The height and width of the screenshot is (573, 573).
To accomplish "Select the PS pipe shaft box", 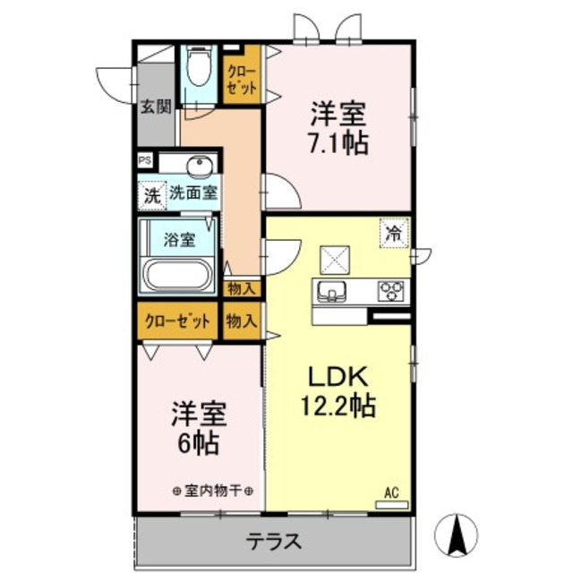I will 143,161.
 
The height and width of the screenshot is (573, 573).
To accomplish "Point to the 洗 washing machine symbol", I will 151,195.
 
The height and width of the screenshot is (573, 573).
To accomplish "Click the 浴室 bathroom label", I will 180,239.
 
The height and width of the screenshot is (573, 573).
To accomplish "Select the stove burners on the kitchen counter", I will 391,291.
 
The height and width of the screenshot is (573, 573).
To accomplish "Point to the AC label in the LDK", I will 392,492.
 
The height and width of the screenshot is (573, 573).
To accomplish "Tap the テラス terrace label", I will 273,542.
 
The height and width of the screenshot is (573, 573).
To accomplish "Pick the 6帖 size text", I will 199,442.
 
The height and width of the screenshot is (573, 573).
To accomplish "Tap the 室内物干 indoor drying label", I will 212,491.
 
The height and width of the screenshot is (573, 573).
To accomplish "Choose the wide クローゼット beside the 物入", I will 176,321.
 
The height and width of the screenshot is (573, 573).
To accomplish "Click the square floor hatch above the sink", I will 336,260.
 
